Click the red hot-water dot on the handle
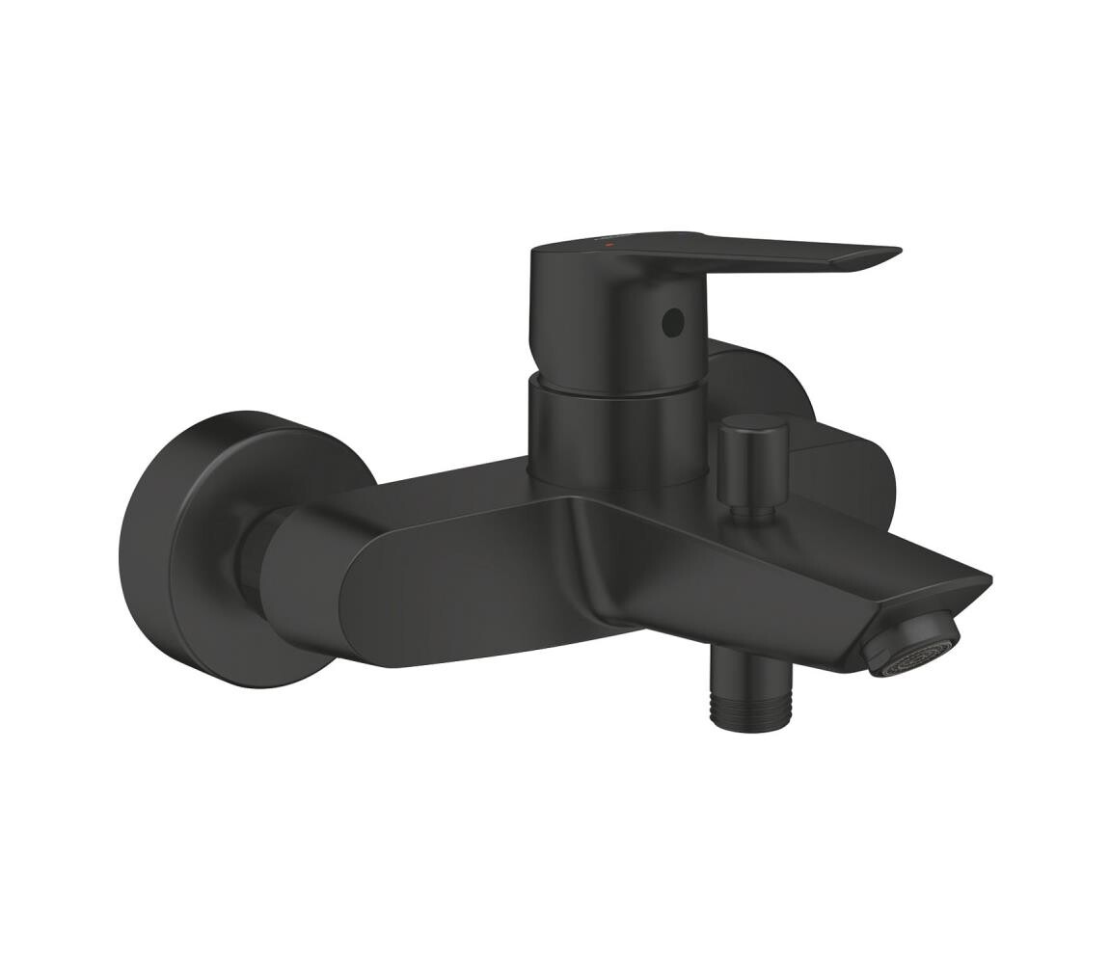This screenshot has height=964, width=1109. (x=608, y=247)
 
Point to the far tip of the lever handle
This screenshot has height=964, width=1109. (x=895, y=254)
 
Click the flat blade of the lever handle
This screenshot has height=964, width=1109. (x=791, y=253)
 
